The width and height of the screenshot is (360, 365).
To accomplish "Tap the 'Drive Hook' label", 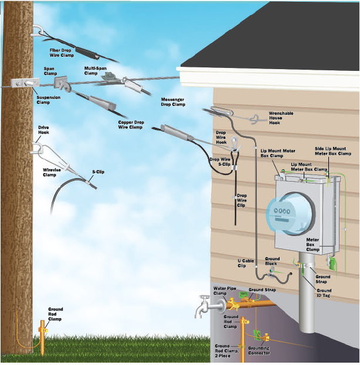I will pyautogui.click(x=43, y=130).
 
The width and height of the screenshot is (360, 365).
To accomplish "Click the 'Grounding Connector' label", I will pyautogui.click(x=259, y=351).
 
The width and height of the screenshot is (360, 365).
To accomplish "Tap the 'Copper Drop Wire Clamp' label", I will pyautogui.click(x=130, y=125).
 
